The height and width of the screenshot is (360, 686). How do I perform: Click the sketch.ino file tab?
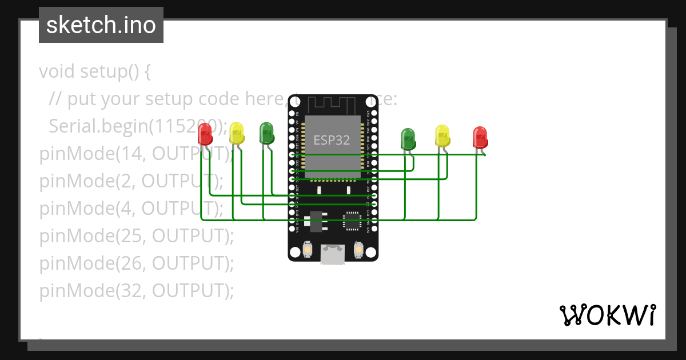[x=101, y=25]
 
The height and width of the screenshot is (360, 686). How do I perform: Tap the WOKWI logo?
[x=607, y=315]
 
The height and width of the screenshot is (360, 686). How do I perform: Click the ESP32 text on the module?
[x=332, y=140]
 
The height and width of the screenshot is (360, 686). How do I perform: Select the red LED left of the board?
[x=205, y=135]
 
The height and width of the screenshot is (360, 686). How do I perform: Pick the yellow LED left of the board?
[x=237, y=134]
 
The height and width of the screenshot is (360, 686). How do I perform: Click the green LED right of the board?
[x=408, y=139]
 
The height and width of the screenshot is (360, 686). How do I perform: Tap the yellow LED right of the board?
[x=442, y=136]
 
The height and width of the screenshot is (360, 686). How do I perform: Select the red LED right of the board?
[x=480, y=138]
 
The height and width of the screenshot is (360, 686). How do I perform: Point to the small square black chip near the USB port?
[x=352, y=221]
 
